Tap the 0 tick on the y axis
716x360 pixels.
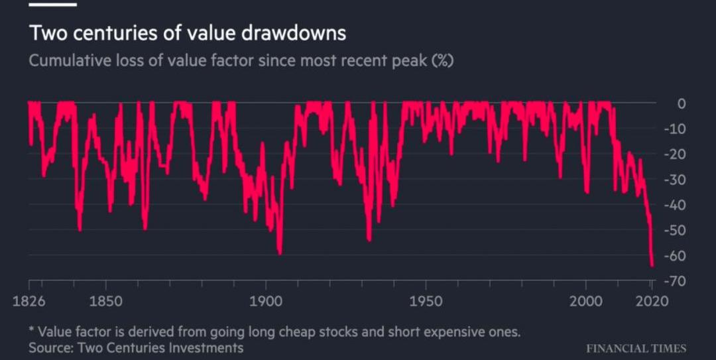click(x=680, y=104)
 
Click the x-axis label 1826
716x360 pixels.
click(x=29, y=301)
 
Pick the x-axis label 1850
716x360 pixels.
click(x=105, y=301)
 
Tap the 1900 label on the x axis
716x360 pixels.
click(x=266, y=301)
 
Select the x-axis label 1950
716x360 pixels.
click(x=426, y=301)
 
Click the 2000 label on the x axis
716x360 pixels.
click(x=587, y=301)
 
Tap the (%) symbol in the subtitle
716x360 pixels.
click(x=442, y=61)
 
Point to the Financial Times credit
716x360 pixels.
click(x=636, y=348)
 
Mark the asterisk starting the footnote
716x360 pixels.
click(x=31, y=330)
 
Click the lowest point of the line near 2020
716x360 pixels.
click(x=652, y=265)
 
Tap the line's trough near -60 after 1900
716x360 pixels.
click(x=280, y=253)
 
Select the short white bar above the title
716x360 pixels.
click(x=53, y=4)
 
